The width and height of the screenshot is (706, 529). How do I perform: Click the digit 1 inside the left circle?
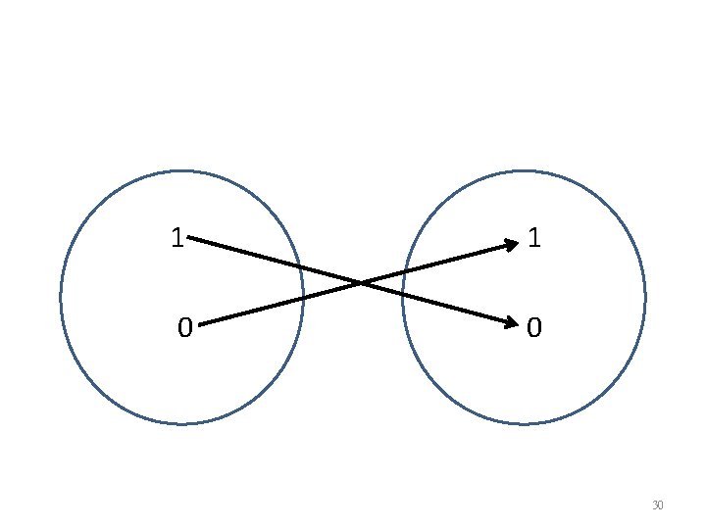[x=176, y=238]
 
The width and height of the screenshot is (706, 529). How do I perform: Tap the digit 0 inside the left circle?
[x=184, y=327]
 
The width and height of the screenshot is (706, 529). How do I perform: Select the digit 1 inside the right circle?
[x=532, y=238]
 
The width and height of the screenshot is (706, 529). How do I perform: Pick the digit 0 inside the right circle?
[x=532, y=327]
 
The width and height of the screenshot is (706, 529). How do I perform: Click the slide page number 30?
[x=657, y=505]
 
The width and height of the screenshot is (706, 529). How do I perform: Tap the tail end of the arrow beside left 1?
[x=189, y=237]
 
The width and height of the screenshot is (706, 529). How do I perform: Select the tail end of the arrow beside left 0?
[x=199, y=323]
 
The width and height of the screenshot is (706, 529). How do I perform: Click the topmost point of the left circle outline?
[x=182, y=171]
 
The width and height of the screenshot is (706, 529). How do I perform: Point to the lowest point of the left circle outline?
[x=182, y=424]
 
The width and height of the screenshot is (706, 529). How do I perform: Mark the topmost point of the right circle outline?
[x=524, y=171]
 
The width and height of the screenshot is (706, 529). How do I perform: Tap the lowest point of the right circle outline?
[x=524, y=424]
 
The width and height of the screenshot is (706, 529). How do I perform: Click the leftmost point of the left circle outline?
[x=61, y=298]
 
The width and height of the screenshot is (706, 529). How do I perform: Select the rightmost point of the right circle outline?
[x=645, y=298]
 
